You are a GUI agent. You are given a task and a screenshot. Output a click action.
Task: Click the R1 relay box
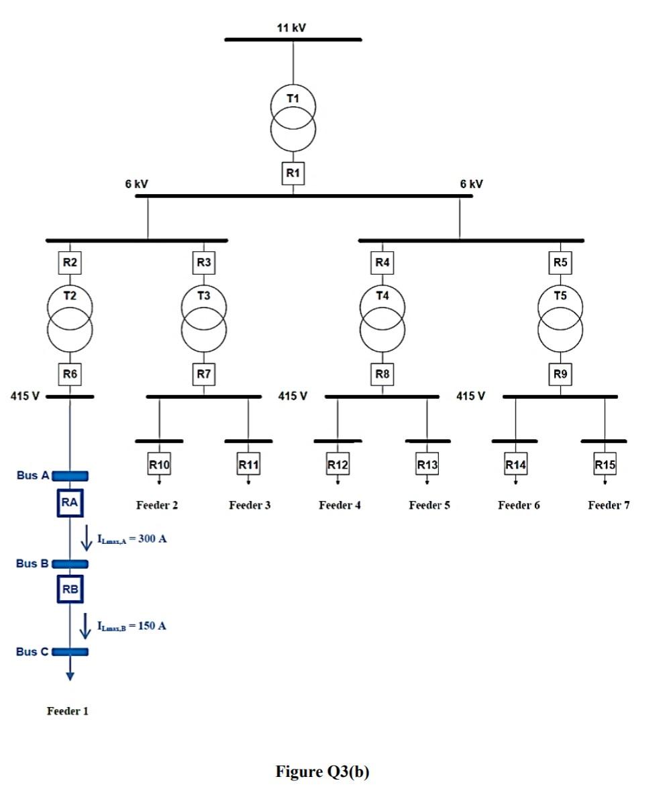click(x=293, y=173)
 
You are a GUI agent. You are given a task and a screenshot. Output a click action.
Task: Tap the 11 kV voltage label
click(x=291, y=28)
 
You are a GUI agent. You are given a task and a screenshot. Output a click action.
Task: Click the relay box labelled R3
click(x=203, y=263)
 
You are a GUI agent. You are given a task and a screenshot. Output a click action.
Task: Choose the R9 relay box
click(x=560, y=374)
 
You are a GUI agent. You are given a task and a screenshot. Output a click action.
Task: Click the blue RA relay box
click(x=70, y=503)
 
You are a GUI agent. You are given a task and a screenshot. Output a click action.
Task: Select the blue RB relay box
click(x=70, y=590)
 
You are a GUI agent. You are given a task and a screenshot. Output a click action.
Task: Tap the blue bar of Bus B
click(x=70, y=564)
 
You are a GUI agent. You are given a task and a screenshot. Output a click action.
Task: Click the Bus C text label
click(x=32, y=651)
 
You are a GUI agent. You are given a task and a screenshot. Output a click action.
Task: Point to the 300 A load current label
click(x=132, y=539)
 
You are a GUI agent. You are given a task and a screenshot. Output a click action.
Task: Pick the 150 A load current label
click(x=132, y=626)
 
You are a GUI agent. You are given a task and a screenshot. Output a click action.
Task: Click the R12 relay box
click(x=338, y=464)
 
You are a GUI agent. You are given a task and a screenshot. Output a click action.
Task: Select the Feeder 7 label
click(x=609, y=505)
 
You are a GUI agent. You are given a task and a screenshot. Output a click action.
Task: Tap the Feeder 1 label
click(x=67, y=710)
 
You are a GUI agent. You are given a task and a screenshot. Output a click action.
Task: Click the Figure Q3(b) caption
click(x=322, y=771)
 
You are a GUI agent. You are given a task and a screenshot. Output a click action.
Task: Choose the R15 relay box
click(x=605, y=464)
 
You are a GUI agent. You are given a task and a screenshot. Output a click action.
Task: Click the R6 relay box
click(x=70, y=374)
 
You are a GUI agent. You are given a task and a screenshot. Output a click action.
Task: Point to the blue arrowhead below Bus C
click(x=70, y=676)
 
